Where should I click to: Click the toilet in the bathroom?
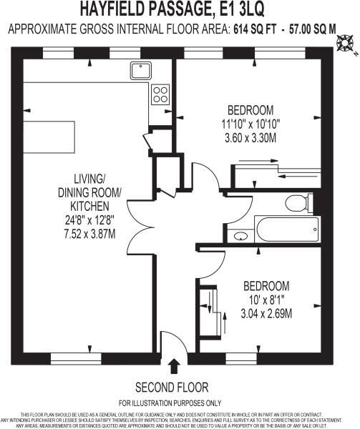point(296,203)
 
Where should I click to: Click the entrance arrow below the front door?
point(172,367)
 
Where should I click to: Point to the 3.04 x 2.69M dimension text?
point(266,312)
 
